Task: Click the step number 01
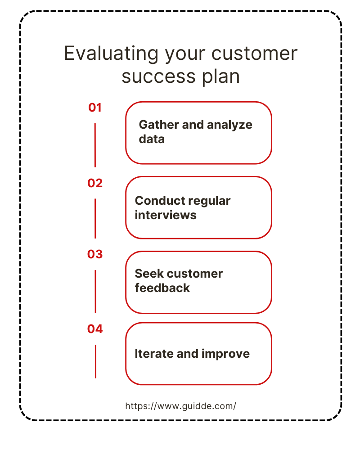[x=95, y=108]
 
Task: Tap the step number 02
[x=95, y=183]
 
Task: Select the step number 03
[x=95, y=254]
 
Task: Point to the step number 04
[x=95, y=329]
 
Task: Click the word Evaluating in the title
[x=111, y=54]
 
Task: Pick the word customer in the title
[x=254, y=54]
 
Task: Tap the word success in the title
[x=159, y=76]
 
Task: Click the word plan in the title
[x=221, y=77]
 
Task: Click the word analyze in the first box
[x=229, y=125]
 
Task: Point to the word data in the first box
[x=152, y=139]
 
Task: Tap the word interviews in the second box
[x=166, y=215]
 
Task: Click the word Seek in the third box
[x=149, y=274]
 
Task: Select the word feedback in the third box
[x=162, y=288]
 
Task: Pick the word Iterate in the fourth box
[x=154, y=354]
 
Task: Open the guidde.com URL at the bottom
[x=180, y=406]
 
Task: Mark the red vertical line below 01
[x=95, y=145]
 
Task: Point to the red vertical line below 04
[x=95, y=362]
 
